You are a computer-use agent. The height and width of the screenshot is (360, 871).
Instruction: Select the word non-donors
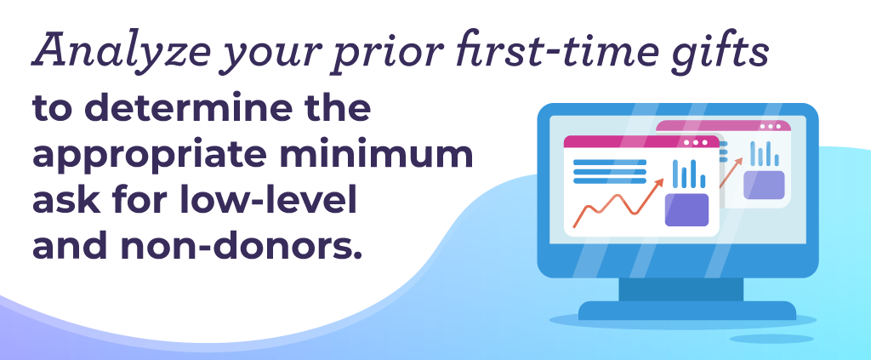click(x=241, y=248)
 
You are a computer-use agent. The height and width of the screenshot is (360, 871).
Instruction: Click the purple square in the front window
click(x=686, y=210)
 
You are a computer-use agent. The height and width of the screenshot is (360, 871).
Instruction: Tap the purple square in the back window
click(x=764, y=185)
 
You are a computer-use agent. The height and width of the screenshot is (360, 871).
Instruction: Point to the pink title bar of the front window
click(x=641, y=142)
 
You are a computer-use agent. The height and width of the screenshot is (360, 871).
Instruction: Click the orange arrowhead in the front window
click(x=659, y=183)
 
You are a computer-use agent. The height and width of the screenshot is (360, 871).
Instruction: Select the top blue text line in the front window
click(x=609, y=163)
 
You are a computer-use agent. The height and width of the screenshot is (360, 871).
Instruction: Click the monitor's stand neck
click(x=681, y=289)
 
